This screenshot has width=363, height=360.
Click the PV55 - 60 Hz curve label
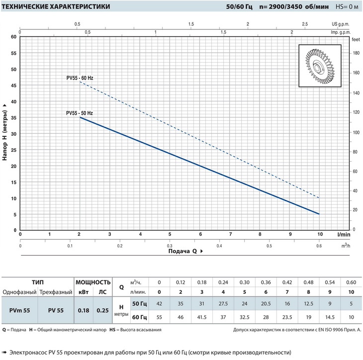[80, 78]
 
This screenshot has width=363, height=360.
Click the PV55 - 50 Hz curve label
[80, 113]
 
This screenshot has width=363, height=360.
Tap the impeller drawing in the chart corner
[319, 66]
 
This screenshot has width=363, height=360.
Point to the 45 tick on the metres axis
[14, 86]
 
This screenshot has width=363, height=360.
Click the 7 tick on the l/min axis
[230, 234]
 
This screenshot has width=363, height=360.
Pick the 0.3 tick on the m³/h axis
[169, 246]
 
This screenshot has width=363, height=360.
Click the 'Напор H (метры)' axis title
[5, 133]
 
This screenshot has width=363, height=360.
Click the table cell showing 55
[159, 317]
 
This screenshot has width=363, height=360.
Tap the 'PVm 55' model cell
[20, 310]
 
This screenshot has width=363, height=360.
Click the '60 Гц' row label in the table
[139, 317]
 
